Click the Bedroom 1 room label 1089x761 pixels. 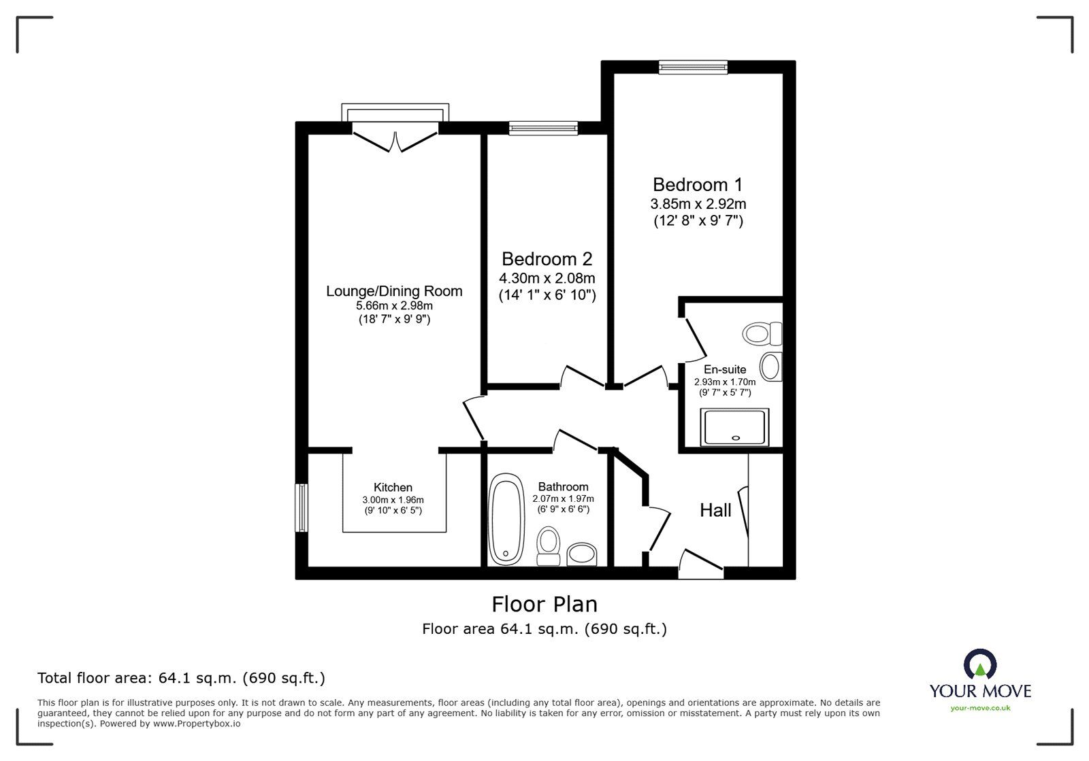click(x=698, y=184)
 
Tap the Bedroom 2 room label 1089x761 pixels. click(x=547, y=259)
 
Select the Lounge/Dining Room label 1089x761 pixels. click(x=394, y=291)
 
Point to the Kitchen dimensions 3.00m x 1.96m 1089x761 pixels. click(x=392, y=500)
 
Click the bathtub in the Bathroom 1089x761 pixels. click(x=506, y=522)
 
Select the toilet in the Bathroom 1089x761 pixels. click(x=548, y=547)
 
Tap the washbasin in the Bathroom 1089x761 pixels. click(x=581, y=554)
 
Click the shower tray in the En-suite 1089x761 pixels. click(x=735, y=427)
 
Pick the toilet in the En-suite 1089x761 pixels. click(x=762, y=333)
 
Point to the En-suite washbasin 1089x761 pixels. click(x=770, y=367)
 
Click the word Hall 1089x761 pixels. click(x=715, y=510)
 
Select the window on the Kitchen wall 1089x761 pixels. click(x=301, y=507)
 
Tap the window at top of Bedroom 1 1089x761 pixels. click(x=693, y=67)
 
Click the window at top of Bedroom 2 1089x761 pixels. click(x=543, y=128)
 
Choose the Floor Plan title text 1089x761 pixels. click(x=544, y=604)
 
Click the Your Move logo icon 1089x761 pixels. click(x=980, y=664)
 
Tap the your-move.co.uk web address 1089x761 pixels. click(x=980, y=708)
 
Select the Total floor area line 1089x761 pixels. click(x=181, y=678)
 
